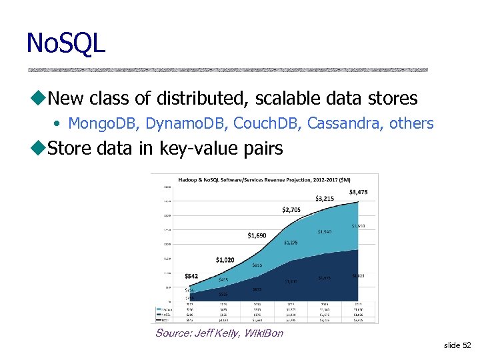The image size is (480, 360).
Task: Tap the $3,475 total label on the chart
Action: pos(358,192)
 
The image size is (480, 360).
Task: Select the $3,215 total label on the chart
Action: pos(325,198)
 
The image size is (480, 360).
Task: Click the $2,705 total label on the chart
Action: pos(291,209)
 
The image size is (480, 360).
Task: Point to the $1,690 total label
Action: pos(257,235)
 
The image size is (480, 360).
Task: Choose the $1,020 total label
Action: pos(225,259)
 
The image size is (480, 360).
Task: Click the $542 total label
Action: pos(191,276)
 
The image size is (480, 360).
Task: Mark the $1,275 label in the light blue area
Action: pos(291,243)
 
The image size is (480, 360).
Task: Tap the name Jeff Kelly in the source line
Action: pos(215,333)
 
